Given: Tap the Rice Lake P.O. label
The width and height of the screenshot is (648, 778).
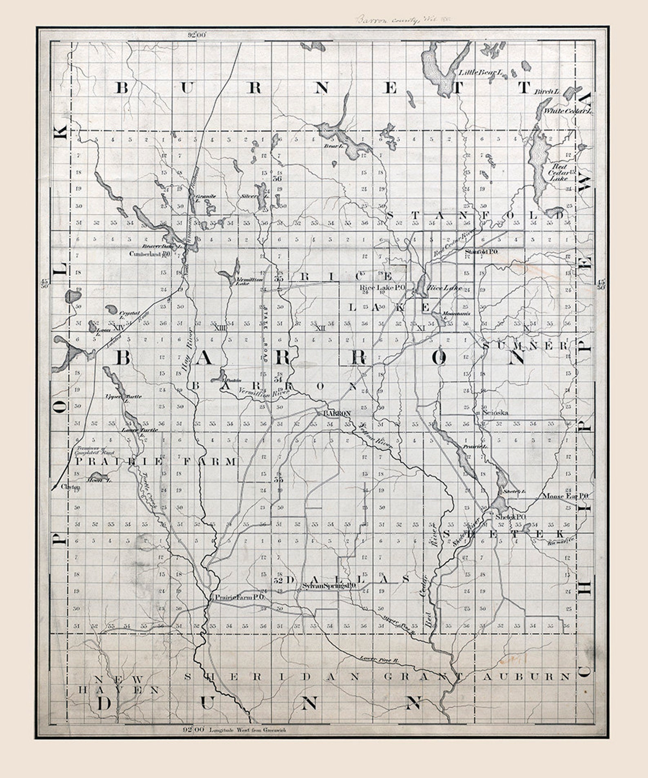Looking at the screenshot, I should (382, 287).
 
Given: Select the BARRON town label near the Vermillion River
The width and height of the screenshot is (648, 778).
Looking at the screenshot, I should (337, 413).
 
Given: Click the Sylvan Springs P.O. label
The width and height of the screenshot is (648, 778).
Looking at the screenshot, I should (330, 585).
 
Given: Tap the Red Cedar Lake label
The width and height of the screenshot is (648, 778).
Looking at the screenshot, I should (558, 172).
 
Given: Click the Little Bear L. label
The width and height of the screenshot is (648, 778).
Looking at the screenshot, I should (481, 72).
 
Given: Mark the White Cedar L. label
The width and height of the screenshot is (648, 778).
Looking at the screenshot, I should (567, 111).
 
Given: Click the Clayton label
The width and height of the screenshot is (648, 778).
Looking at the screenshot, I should (71, 487).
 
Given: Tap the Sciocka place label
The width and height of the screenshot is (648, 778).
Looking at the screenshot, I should (495, 413).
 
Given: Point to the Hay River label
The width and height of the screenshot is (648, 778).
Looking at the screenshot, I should (187, 349).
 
